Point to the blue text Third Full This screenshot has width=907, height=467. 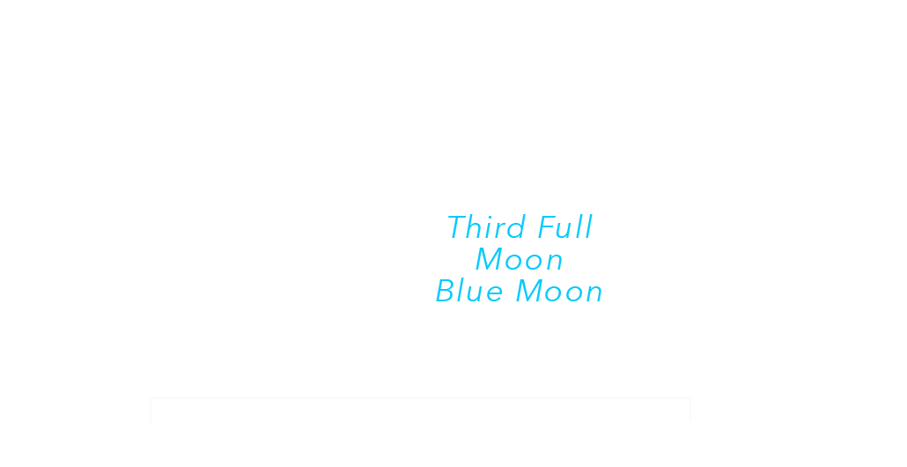pos(520,227)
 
